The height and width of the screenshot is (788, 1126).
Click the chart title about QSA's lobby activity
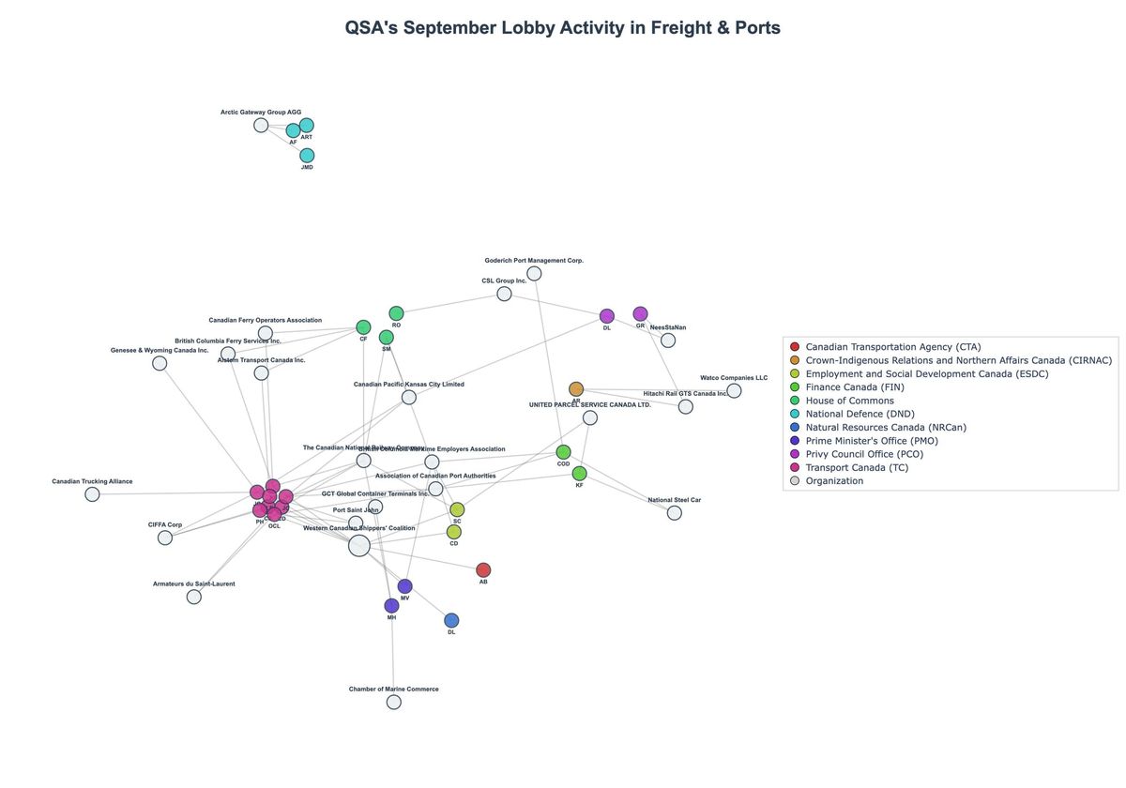tap(562, 28)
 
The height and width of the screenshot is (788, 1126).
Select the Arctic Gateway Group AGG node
tap(261, 125)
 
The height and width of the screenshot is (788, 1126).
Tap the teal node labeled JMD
tap(307, 155)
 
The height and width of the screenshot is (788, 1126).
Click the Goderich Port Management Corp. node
tap(534, 273)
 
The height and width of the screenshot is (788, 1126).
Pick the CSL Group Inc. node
tap(504, 294)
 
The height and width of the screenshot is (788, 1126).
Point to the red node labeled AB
tap(483, 569)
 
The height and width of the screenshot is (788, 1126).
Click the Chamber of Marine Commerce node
tap(393, 702)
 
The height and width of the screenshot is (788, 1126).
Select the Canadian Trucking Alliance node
tap(92, 494)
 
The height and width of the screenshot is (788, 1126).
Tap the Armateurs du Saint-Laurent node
tap(193, 597)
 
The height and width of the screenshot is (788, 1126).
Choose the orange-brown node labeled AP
tap(576, 388)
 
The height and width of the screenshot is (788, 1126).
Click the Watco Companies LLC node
tap(734, 390)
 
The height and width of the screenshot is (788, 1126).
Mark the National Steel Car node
tap(674, 513)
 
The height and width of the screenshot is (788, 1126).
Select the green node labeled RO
tap(396, 313)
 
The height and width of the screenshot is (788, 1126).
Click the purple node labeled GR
tap(640, 313)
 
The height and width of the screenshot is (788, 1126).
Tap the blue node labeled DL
tap(451, 620)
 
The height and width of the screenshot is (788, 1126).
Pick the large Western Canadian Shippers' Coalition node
tap(358, 546)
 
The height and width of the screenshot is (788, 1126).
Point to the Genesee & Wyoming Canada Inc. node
tap(160, 363)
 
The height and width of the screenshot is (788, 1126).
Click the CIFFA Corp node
tap(165, 538)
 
